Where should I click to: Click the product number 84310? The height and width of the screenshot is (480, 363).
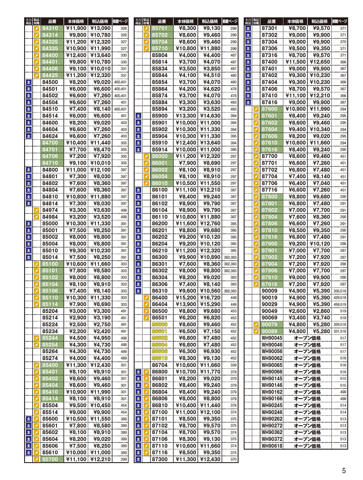(x=50, y=28)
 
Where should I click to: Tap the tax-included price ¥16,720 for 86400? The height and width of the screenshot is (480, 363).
(x=210, y=298)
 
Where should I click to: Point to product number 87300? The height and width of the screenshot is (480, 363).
(x=160, y=459)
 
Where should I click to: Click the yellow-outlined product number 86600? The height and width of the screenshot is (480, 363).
(x=160, y=325)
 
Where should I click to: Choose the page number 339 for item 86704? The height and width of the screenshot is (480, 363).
(x=233, y=365)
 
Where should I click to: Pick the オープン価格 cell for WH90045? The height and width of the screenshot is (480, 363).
(x=307, y=338)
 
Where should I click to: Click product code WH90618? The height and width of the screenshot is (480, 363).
(x=272, y=446)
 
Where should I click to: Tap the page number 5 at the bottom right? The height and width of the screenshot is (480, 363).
(x=344, y=471)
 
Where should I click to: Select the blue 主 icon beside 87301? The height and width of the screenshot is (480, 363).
(x=248, y=28)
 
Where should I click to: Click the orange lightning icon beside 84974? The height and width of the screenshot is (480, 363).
(x=37, y=210)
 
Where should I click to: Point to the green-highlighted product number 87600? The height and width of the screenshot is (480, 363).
(x=269, y=109)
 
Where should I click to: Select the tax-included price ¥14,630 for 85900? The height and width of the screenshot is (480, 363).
(x=210, y=116)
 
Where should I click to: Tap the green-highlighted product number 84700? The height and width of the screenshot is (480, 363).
(x=50, y=143)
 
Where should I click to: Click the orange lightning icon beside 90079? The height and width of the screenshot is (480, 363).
(x=256, y=325)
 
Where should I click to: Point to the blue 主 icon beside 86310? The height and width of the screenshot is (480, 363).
(x=138, y=291)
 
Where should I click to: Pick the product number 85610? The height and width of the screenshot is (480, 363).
(x=50, y=452)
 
